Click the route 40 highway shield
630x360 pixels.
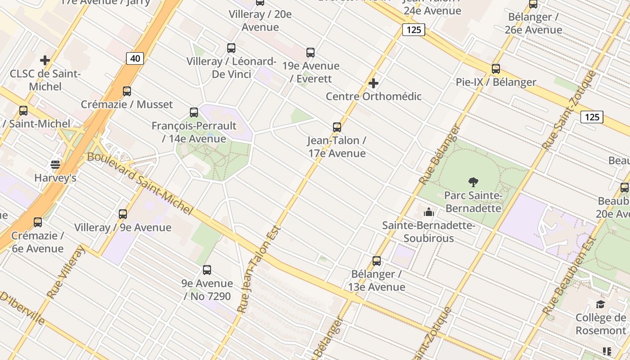[x=135, y=58]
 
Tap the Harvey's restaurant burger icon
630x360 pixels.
[x=55, y=165]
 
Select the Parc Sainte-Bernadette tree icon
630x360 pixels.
[x=473, y=182]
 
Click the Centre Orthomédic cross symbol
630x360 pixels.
[x=373, y=83]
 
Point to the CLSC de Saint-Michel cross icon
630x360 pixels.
[x=45, y=60]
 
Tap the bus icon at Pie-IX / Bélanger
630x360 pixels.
[x=495, y=69]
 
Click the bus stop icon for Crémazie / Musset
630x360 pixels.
[x=127, y=91]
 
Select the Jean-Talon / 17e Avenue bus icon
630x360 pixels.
[x=337, y=127]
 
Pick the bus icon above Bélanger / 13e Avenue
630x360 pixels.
[x=377, y=261]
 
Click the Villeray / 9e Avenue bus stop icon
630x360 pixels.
[x=123, y=214]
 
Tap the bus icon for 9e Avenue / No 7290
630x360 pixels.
[x=207, y=270]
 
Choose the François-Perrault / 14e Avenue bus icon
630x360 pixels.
[x=194, y=112]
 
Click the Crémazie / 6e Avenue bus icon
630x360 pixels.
[x=38, y=222]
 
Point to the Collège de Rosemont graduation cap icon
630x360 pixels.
[x=600, y=305]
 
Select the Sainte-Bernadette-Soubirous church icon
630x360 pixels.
[x=429, y=211]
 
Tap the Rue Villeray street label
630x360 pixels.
[x=66, y=272]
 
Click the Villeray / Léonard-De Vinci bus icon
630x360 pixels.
[x=231, y=48]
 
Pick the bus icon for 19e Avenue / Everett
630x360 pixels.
[x=310, y=53]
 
